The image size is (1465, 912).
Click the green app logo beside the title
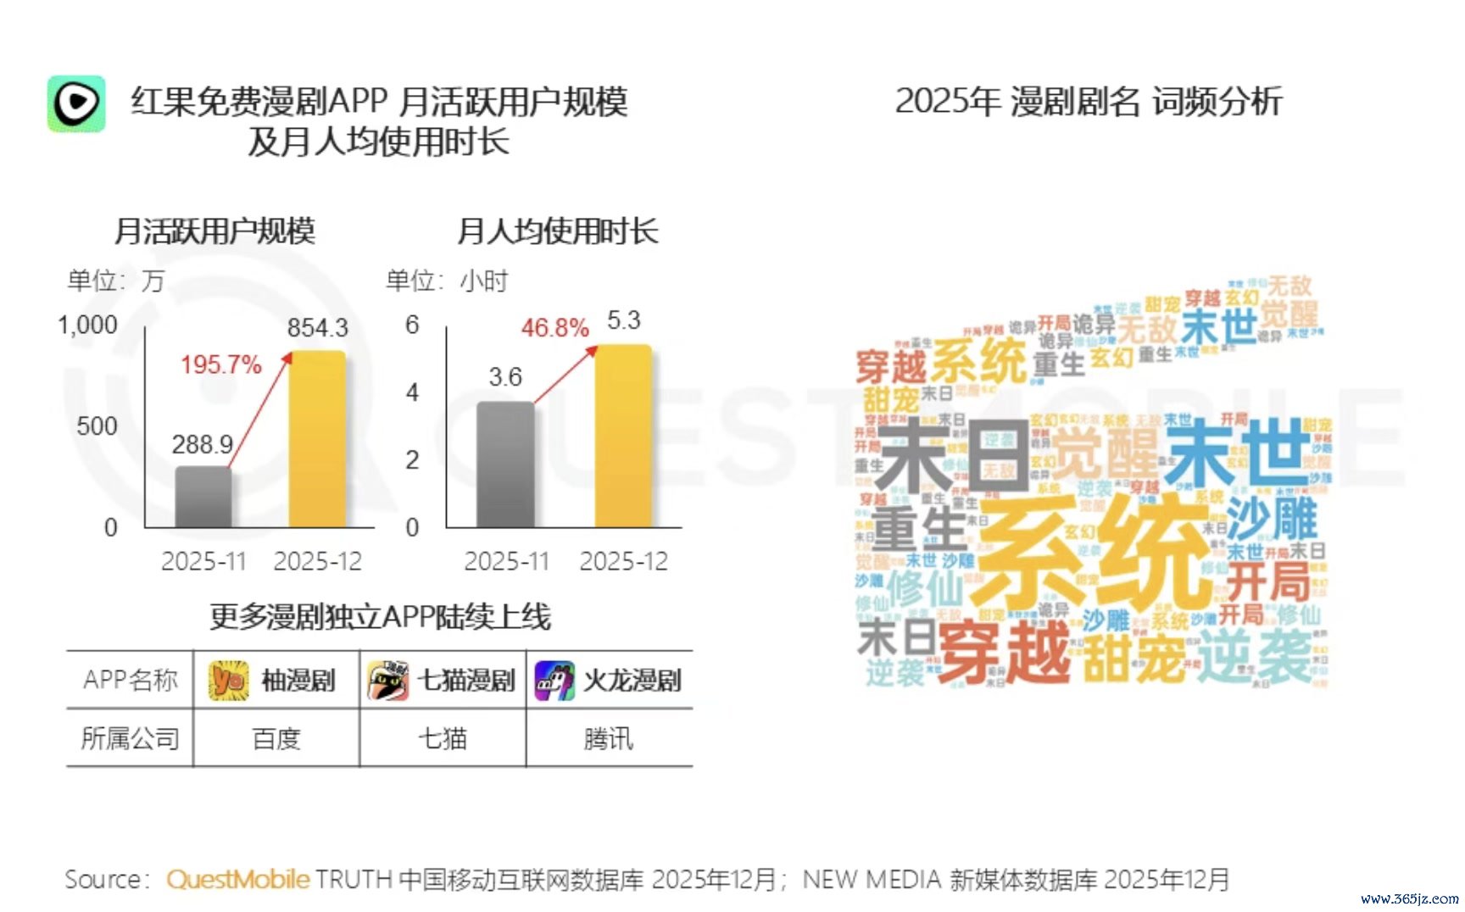tap(76, 103)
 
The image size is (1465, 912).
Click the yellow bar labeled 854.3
tap(317, 439)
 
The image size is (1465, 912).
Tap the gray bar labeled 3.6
tap(505, 464)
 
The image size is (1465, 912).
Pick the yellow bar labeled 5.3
tap(623, 437)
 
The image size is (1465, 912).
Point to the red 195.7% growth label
tap(220, 364)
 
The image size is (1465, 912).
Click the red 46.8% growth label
tap(554, 327)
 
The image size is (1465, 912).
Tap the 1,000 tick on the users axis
tap(87, 325)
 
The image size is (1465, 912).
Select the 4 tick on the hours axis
tap(412, 392)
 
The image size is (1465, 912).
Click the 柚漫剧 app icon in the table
tap(228, 681)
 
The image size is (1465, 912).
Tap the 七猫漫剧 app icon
tap(387, 681)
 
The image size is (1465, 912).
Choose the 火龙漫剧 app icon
tap(554, 681)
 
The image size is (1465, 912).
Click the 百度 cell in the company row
tap(276, 739)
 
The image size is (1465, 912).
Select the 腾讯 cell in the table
tap(608, 739)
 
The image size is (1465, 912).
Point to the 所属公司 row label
tap(130, 739)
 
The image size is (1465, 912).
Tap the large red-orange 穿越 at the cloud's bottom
tap(1005, 651)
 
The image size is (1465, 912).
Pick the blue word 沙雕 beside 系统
tap(1272, 519)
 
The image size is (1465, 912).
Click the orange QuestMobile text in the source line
tap(237, 880)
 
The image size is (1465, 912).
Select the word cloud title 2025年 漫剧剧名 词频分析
tap(1089, 102)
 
